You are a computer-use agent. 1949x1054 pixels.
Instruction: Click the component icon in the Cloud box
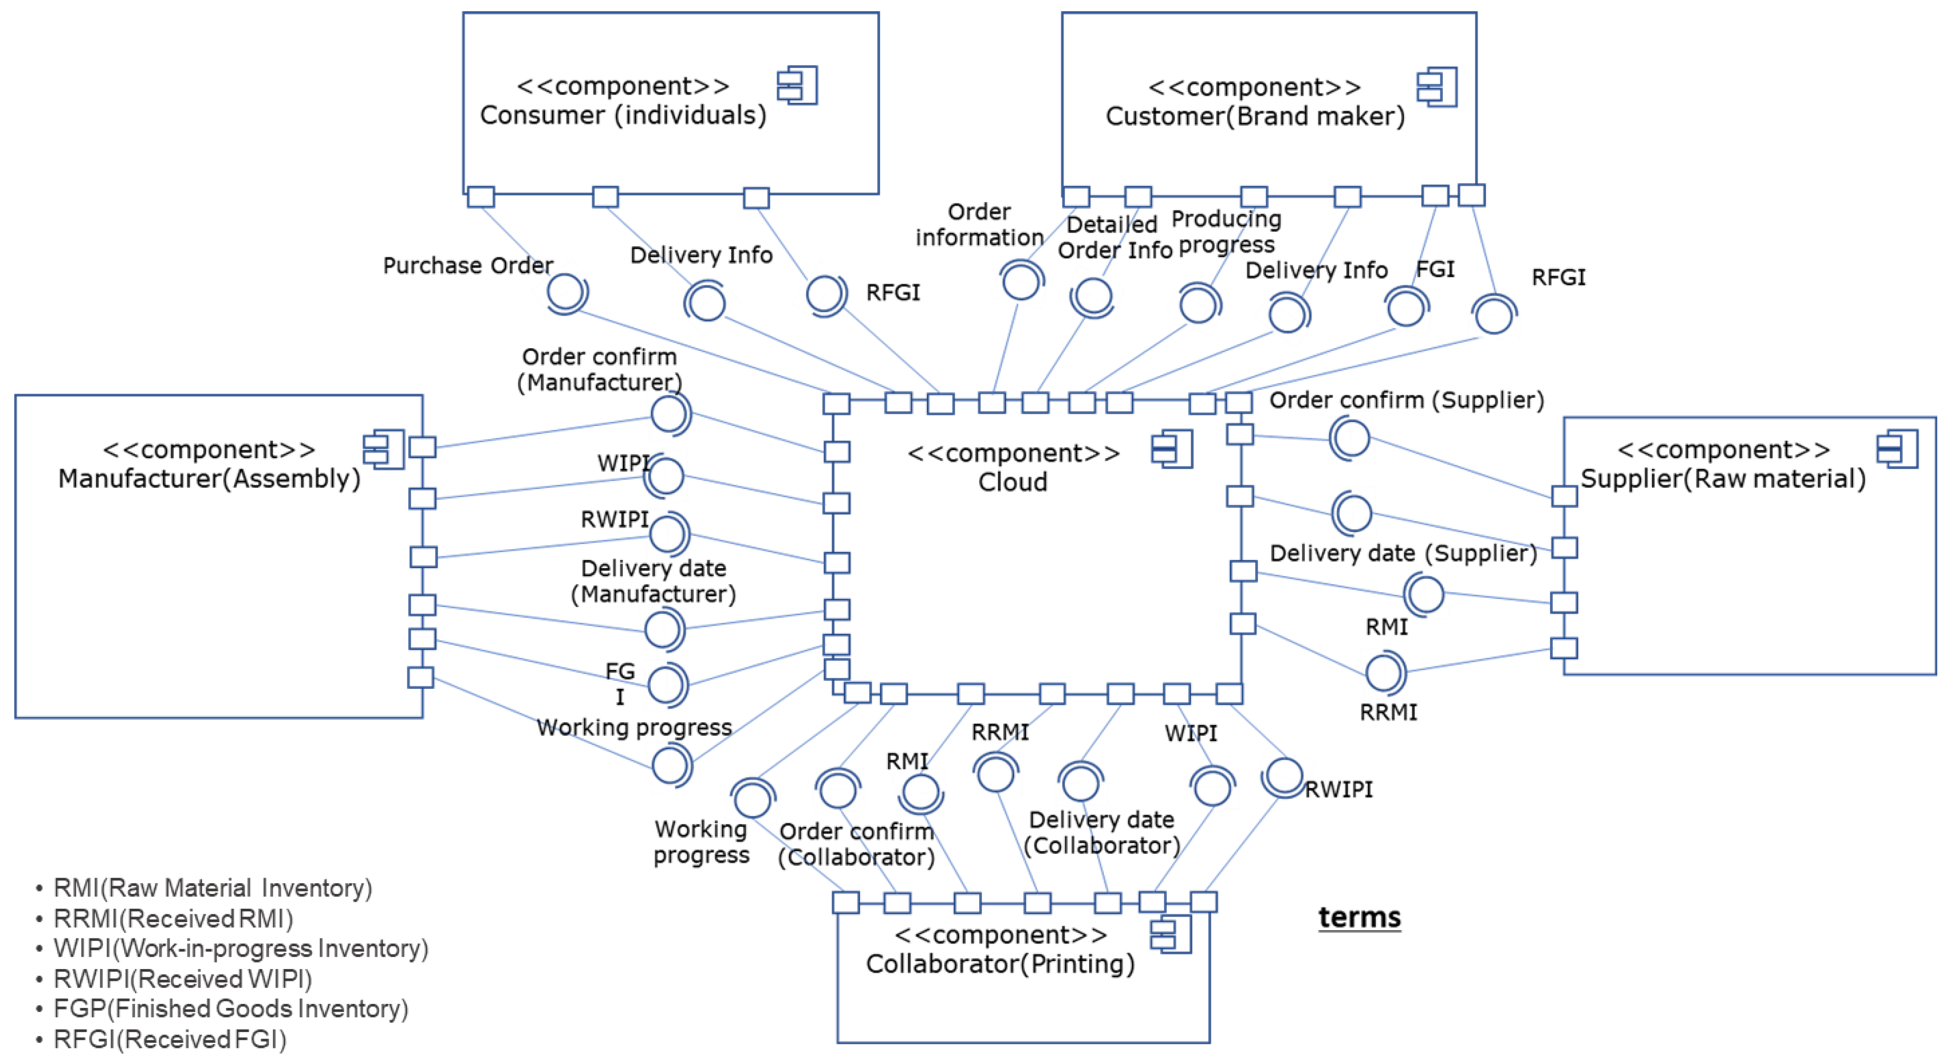click(1172, 450)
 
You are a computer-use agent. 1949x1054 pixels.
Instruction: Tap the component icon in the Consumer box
click(798, 85)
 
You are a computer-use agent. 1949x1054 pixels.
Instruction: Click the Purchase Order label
click(468, 265)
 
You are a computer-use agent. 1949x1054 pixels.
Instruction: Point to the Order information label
click(979, 224)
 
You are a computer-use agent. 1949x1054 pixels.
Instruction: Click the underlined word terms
click(1359, 917)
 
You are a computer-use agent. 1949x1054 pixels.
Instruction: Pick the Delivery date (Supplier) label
click(1403, 553)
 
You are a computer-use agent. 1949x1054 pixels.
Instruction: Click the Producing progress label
click(1227, 232)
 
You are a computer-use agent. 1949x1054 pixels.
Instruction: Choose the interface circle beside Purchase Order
click(566, 292)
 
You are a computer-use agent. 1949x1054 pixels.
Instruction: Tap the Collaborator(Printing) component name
click(1000, 964)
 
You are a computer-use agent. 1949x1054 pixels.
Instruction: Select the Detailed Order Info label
click(1115, 237)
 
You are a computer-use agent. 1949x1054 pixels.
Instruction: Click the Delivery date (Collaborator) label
click(1102, 832)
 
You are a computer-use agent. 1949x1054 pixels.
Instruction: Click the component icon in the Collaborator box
click(1170, 934)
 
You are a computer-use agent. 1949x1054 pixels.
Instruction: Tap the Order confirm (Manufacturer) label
click(599, 369)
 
